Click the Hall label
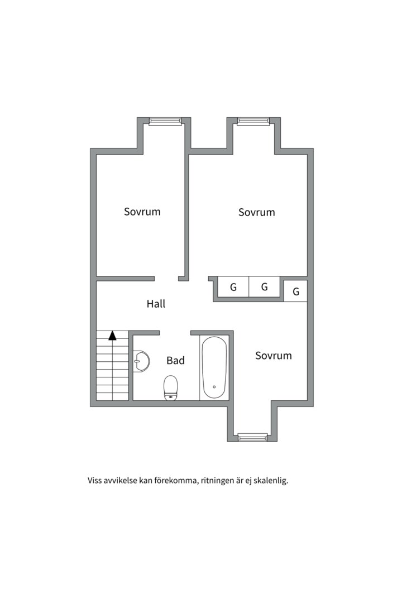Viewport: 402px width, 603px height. (156, 304)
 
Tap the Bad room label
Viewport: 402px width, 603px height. (175, 360)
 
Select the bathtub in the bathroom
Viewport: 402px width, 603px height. (214, 367)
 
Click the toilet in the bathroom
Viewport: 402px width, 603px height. (170, 387)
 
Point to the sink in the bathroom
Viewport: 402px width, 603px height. (141, 361)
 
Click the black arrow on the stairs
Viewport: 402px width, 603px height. (112, 336)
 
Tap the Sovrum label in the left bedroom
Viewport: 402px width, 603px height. (142, 212)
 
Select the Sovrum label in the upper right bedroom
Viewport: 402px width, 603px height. (257, 212)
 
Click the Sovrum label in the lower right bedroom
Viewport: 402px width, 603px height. (274, 355)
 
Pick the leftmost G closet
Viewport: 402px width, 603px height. (233, 287)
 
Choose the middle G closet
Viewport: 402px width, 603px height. (264, 287)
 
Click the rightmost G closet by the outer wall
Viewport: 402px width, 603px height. (296, 291)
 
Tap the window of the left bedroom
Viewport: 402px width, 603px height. (165, 122)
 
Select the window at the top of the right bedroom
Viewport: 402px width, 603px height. (253, 122)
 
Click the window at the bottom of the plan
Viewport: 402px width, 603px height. (252, 437)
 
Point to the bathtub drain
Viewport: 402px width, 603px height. (214, 387)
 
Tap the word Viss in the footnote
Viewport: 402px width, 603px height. (94, 480)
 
